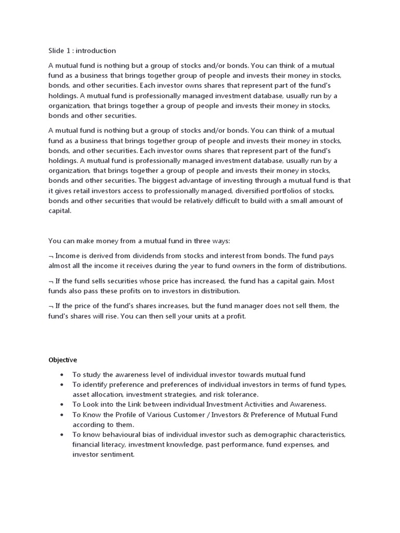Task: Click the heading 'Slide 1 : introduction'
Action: [82, 50]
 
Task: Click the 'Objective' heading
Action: [63, 360]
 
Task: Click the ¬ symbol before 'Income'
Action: [51, 256]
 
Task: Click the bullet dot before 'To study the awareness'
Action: [62, 375]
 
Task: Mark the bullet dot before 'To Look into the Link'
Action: [62, 404]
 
